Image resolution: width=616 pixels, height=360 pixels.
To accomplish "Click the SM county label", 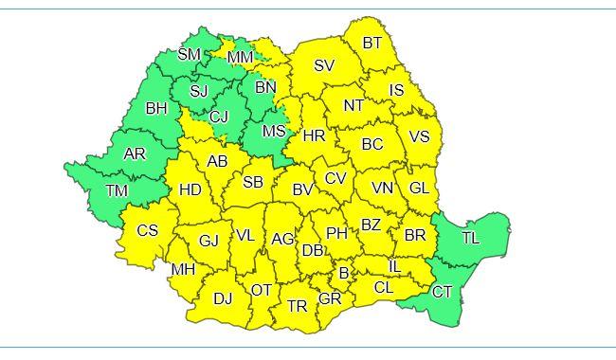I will point(190,55).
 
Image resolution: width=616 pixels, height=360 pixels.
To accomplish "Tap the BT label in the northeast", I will point(372,43).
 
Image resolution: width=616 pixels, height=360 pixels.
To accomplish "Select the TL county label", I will point(471,238).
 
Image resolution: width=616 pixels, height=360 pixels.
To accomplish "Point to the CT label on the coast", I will point(443,292).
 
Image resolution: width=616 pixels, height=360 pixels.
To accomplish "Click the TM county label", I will point(117,191).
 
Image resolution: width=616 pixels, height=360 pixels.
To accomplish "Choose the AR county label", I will point(136,153).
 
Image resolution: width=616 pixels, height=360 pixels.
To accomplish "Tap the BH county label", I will point(156,108).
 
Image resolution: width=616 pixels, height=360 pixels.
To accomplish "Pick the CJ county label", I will point(219,117).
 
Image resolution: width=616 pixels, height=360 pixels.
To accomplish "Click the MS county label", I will point(274,130).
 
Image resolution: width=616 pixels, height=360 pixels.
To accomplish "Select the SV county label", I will point(325,65).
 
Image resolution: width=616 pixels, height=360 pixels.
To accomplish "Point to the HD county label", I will point(190,189).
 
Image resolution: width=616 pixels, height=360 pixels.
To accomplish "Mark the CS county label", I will point(148,230).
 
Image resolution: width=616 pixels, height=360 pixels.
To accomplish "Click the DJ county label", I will point(223,298).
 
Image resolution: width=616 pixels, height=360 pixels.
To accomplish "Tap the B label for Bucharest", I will point(344,273).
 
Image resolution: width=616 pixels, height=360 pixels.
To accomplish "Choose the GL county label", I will point(420,188).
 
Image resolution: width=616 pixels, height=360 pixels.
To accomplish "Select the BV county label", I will point(302,189).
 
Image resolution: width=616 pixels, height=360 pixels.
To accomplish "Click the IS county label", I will point(397,91).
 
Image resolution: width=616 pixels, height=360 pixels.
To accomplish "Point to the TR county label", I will point(298,306).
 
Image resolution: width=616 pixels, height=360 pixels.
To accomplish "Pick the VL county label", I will point(245,236).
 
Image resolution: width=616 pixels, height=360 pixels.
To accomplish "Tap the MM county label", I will point(240,58).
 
